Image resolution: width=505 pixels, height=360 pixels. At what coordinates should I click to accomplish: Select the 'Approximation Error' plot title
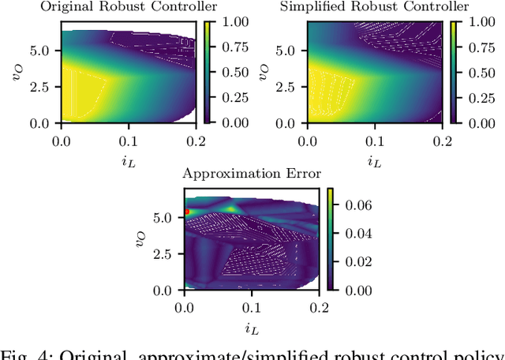pos(252,174)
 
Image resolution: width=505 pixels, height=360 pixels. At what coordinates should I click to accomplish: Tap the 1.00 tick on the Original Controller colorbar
pos(234,23)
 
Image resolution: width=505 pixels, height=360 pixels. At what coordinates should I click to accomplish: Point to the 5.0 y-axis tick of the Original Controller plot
pos(41,49)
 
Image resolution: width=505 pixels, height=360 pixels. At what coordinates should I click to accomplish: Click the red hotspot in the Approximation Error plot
pos(187,212)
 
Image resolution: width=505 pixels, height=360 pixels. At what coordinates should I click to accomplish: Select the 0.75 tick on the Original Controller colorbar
pos(234,47)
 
